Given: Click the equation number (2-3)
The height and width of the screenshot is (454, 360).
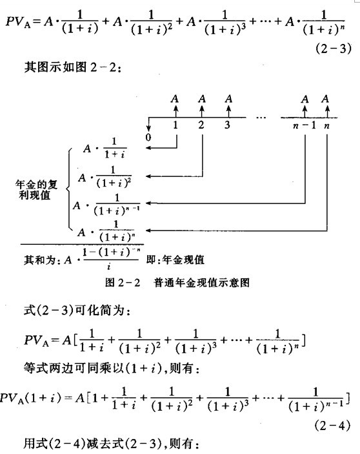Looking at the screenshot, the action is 334,48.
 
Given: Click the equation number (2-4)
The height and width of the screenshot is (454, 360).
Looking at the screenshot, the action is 332,426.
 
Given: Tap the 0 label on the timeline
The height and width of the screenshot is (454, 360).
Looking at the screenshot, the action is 148,137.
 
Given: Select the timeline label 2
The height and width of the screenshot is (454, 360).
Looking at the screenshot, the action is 201,125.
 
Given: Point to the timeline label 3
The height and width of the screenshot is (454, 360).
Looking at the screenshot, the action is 228,125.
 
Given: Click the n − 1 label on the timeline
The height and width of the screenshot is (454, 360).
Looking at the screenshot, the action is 304,125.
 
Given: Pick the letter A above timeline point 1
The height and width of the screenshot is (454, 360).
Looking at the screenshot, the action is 175,99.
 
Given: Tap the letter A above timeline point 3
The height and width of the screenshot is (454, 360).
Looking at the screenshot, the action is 228,99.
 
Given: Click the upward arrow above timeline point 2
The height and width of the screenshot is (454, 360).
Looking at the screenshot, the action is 202,112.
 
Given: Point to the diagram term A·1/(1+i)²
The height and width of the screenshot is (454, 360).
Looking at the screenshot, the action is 105,177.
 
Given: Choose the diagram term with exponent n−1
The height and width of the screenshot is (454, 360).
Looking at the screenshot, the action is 106,205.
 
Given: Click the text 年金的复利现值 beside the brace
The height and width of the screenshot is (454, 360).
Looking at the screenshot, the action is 36,190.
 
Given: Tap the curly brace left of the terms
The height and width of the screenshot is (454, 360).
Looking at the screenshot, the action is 69,189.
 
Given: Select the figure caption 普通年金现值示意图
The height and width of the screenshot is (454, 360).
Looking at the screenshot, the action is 202,282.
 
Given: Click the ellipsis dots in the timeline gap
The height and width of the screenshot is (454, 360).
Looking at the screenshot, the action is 261,118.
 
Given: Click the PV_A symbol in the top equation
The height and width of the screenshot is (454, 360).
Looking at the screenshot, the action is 18,23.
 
